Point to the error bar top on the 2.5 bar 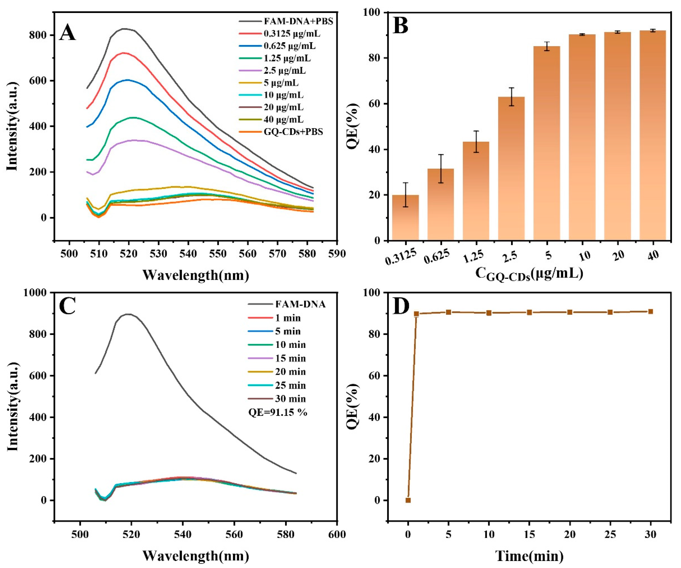coord(511,88)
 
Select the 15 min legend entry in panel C coord(290,358)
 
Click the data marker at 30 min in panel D coord(650,312)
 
